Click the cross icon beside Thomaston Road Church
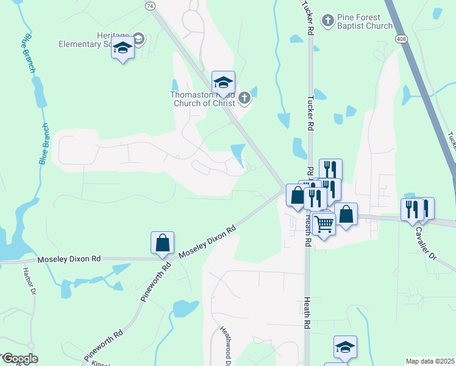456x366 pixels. tap(244, 98)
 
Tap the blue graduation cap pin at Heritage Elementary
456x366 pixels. tap(123, 49)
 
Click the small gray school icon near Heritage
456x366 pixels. tap(140, 40)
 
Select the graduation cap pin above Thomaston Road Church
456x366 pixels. tap(223, 82)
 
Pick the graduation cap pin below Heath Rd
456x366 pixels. tap(345, 347)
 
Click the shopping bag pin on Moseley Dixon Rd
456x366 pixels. tap(163, 243)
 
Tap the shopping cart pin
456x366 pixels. tap(323, 224)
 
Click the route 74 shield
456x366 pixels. tap(150, 5)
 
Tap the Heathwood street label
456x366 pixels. tap(224, 345)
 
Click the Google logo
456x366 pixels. tap(20, 359)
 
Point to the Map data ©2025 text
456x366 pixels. tap(430, 361)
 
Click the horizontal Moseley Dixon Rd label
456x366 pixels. tap(69, 259)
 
